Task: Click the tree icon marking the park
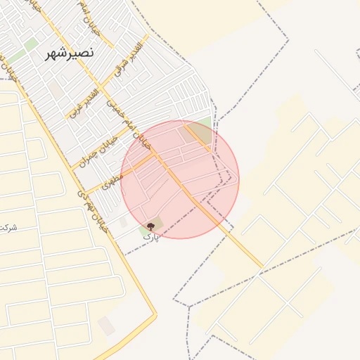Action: click(150, 227)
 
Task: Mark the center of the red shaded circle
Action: click(180, 179)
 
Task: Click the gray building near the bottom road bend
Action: click(106, 326)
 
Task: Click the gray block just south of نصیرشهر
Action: click(54, 89)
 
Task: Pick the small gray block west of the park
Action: click(124, 222)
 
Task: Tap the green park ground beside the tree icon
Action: click(157, 224)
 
